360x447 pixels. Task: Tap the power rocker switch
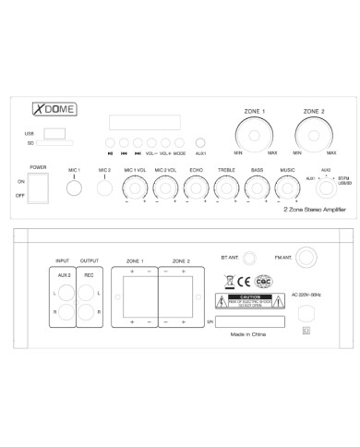click(x=38, y=187)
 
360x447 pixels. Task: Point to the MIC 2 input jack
click(x=104, y=188)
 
